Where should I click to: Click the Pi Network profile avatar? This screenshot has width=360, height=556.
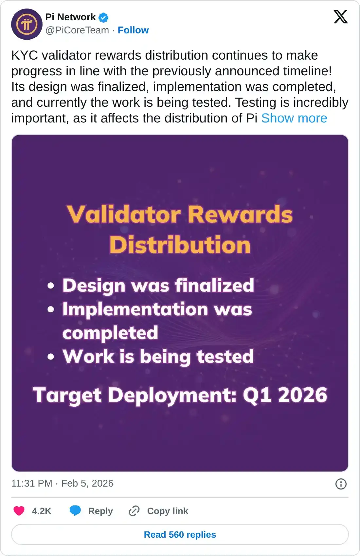click(x=27, y=24)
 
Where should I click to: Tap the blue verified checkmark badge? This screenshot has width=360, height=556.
click(x=103, y=18)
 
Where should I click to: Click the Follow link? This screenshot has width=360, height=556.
click(x=133, y=30)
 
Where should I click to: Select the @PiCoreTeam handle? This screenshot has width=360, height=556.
click(x=77, y=30)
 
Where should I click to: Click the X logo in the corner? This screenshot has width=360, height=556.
click(x=341, y=17)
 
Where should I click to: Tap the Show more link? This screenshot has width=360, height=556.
click(x=294, y=118)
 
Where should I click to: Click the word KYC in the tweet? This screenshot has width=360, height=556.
click(x=25, y=55)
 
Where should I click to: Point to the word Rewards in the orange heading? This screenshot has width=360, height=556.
click(x=240, y=214)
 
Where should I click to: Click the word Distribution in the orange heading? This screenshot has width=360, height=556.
click(x=180, y=245)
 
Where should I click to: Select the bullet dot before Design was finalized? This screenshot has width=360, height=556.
click(x=51, y=286)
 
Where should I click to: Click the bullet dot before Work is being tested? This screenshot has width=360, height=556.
click(x=51, y=357)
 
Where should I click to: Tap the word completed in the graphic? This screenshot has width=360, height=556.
click(x=110, y=333)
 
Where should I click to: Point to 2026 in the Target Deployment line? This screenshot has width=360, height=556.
click(x=303, y=395)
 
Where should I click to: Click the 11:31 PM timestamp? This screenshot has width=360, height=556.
click(x=32, y=483)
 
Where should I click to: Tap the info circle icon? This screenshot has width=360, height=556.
click(x=341, y=484)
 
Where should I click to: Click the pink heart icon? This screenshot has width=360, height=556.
click(x=19, y=511)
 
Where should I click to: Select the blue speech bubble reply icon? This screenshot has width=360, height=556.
click(x=75, y=511)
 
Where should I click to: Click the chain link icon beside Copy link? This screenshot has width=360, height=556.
click(x=134, y=511)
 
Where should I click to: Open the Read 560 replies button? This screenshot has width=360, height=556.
click(x=180, y=534)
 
